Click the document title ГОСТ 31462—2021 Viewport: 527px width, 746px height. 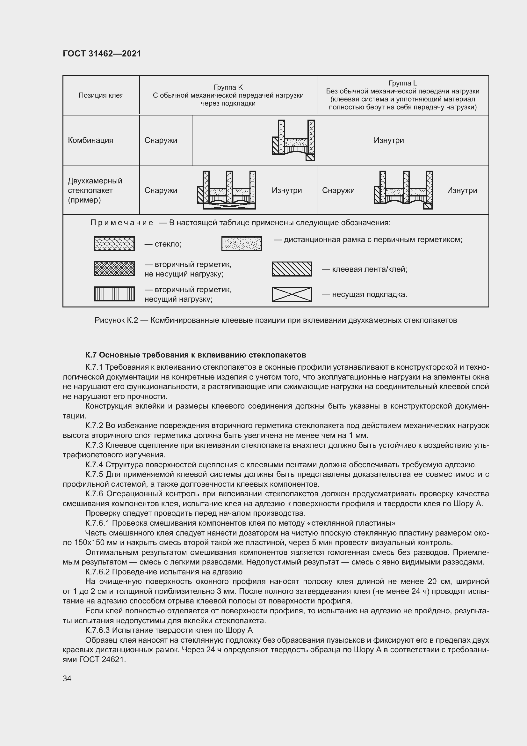point(102,54)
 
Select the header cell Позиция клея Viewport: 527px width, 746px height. point(101,95)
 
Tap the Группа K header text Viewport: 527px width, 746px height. point(228,87)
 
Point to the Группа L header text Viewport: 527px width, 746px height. point(402,83)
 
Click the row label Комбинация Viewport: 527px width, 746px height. point(90,140)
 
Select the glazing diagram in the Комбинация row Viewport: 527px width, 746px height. point(293,140)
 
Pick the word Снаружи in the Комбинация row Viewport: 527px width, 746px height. point(161,140)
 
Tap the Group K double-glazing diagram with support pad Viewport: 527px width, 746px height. point(227,190)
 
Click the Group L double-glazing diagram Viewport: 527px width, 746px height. point(403,190)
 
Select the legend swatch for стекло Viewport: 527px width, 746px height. point(114,244)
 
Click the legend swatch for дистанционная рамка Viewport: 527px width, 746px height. point(242,244)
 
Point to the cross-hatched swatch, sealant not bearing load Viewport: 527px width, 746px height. point(114,268)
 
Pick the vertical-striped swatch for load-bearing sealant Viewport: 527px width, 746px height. point(114,294)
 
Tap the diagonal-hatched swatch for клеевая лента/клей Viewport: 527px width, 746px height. point(292,269)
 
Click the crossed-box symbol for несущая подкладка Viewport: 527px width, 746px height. point(292,294)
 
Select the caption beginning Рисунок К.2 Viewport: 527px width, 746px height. point(276,320)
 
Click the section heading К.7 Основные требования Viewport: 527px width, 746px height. point(195,354)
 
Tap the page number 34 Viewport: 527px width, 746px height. point(67,678)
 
